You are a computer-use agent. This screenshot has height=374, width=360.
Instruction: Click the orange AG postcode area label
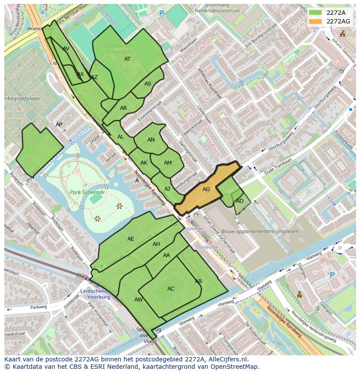206,189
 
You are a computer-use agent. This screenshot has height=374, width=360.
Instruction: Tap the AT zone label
127,59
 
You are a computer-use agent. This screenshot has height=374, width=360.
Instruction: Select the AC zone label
171,289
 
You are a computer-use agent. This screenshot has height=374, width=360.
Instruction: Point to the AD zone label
240,201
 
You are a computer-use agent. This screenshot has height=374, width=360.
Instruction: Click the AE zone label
131,239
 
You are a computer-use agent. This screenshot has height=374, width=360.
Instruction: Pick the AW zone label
138,300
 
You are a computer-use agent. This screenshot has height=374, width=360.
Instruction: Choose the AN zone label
151,140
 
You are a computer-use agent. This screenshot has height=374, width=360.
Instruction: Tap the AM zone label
168,163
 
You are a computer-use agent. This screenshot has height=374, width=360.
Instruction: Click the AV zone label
66,49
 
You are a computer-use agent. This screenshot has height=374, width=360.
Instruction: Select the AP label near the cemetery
59,125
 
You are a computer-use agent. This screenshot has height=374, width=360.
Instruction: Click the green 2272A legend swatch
315,13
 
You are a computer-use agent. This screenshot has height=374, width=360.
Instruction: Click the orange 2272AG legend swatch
315,21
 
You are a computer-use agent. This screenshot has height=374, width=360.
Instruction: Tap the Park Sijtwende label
87,192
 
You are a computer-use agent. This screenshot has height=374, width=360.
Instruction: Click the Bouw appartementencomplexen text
260,232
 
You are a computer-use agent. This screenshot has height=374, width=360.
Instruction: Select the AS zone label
148,84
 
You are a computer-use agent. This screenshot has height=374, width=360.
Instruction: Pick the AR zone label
123,108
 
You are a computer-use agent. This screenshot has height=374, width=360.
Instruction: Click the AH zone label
156,244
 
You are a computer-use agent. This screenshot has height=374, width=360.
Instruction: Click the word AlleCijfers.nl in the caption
227,359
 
